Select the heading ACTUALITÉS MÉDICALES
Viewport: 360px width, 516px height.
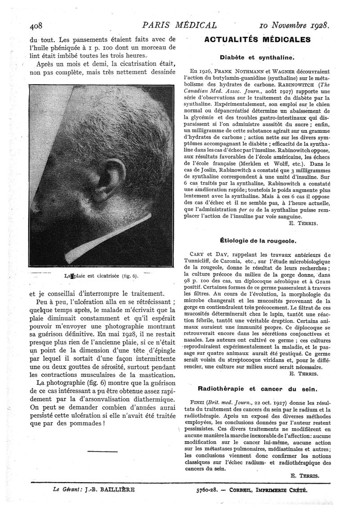[257, 40]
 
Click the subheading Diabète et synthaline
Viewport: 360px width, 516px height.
[256, 58]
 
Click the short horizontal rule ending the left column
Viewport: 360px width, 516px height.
[103, 451]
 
